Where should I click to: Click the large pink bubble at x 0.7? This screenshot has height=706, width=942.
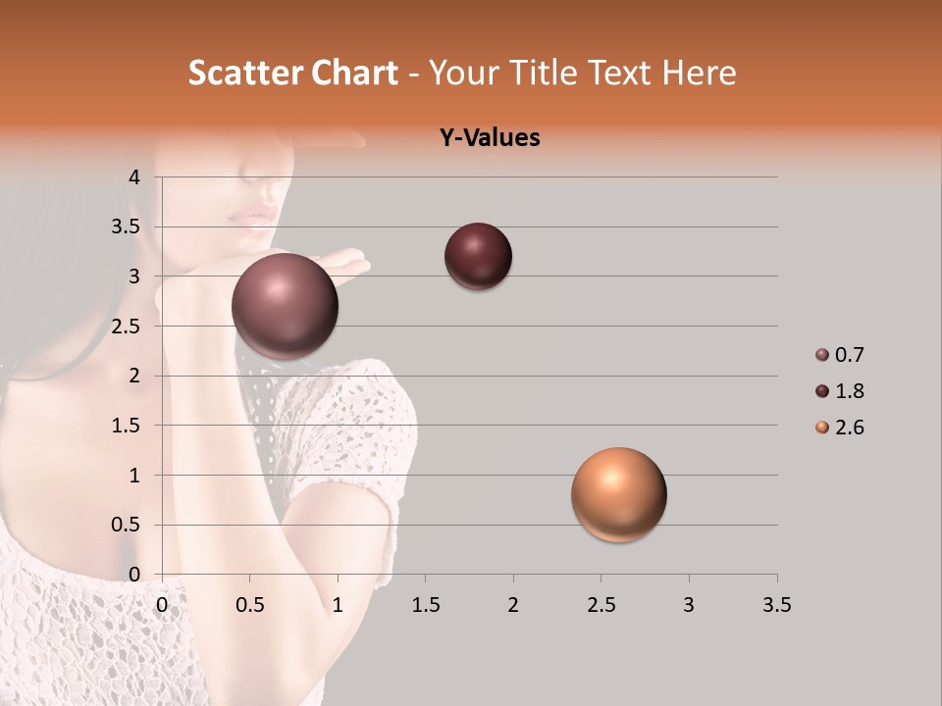[286, 306]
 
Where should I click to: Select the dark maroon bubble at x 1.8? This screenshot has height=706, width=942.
[478, 257]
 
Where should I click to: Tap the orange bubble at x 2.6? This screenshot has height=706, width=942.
[618, 494]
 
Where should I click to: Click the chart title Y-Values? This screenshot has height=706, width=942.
[489, 138]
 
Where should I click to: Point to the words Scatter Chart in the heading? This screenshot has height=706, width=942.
[293, 73]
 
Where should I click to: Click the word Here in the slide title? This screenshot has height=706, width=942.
[699, 73]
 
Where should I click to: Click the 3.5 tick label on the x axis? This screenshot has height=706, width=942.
[776, 605]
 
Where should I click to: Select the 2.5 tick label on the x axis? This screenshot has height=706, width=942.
[601, 605]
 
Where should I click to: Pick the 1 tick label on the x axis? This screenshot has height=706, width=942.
[338, 605]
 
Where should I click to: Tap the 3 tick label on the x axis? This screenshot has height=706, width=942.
[689, 605]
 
